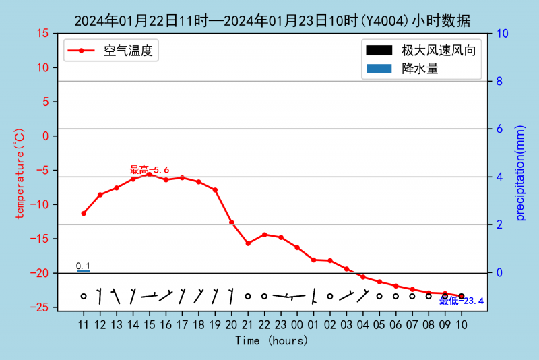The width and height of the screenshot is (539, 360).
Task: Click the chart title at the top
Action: click(272, 21)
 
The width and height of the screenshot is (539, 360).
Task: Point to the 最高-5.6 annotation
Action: click(149, 170)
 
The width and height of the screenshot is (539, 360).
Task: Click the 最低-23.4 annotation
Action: click(462, 301)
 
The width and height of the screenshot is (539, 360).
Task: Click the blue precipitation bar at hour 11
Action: click(84, 271)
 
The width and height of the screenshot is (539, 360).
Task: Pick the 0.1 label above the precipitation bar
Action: click(83, 266)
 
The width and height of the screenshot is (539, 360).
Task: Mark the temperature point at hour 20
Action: click(231, 222)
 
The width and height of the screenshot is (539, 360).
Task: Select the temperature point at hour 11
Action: click(84, 213)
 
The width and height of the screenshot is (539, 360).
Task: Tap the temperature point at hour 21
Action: click(248, 243)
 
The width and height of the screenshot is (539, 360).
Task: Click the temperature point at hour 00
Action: click(297, 247)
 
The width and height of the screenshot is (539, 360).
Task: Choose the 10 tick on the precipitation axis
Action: click(503, 33)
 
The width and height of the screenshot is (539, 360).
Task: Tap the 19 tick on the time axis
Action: click(215, 325)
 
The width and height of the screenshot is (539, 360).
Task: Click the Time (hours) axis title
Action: click(272, 341)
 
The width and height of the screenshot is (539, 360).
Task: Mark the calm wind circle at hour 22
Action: click(264, 296)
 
